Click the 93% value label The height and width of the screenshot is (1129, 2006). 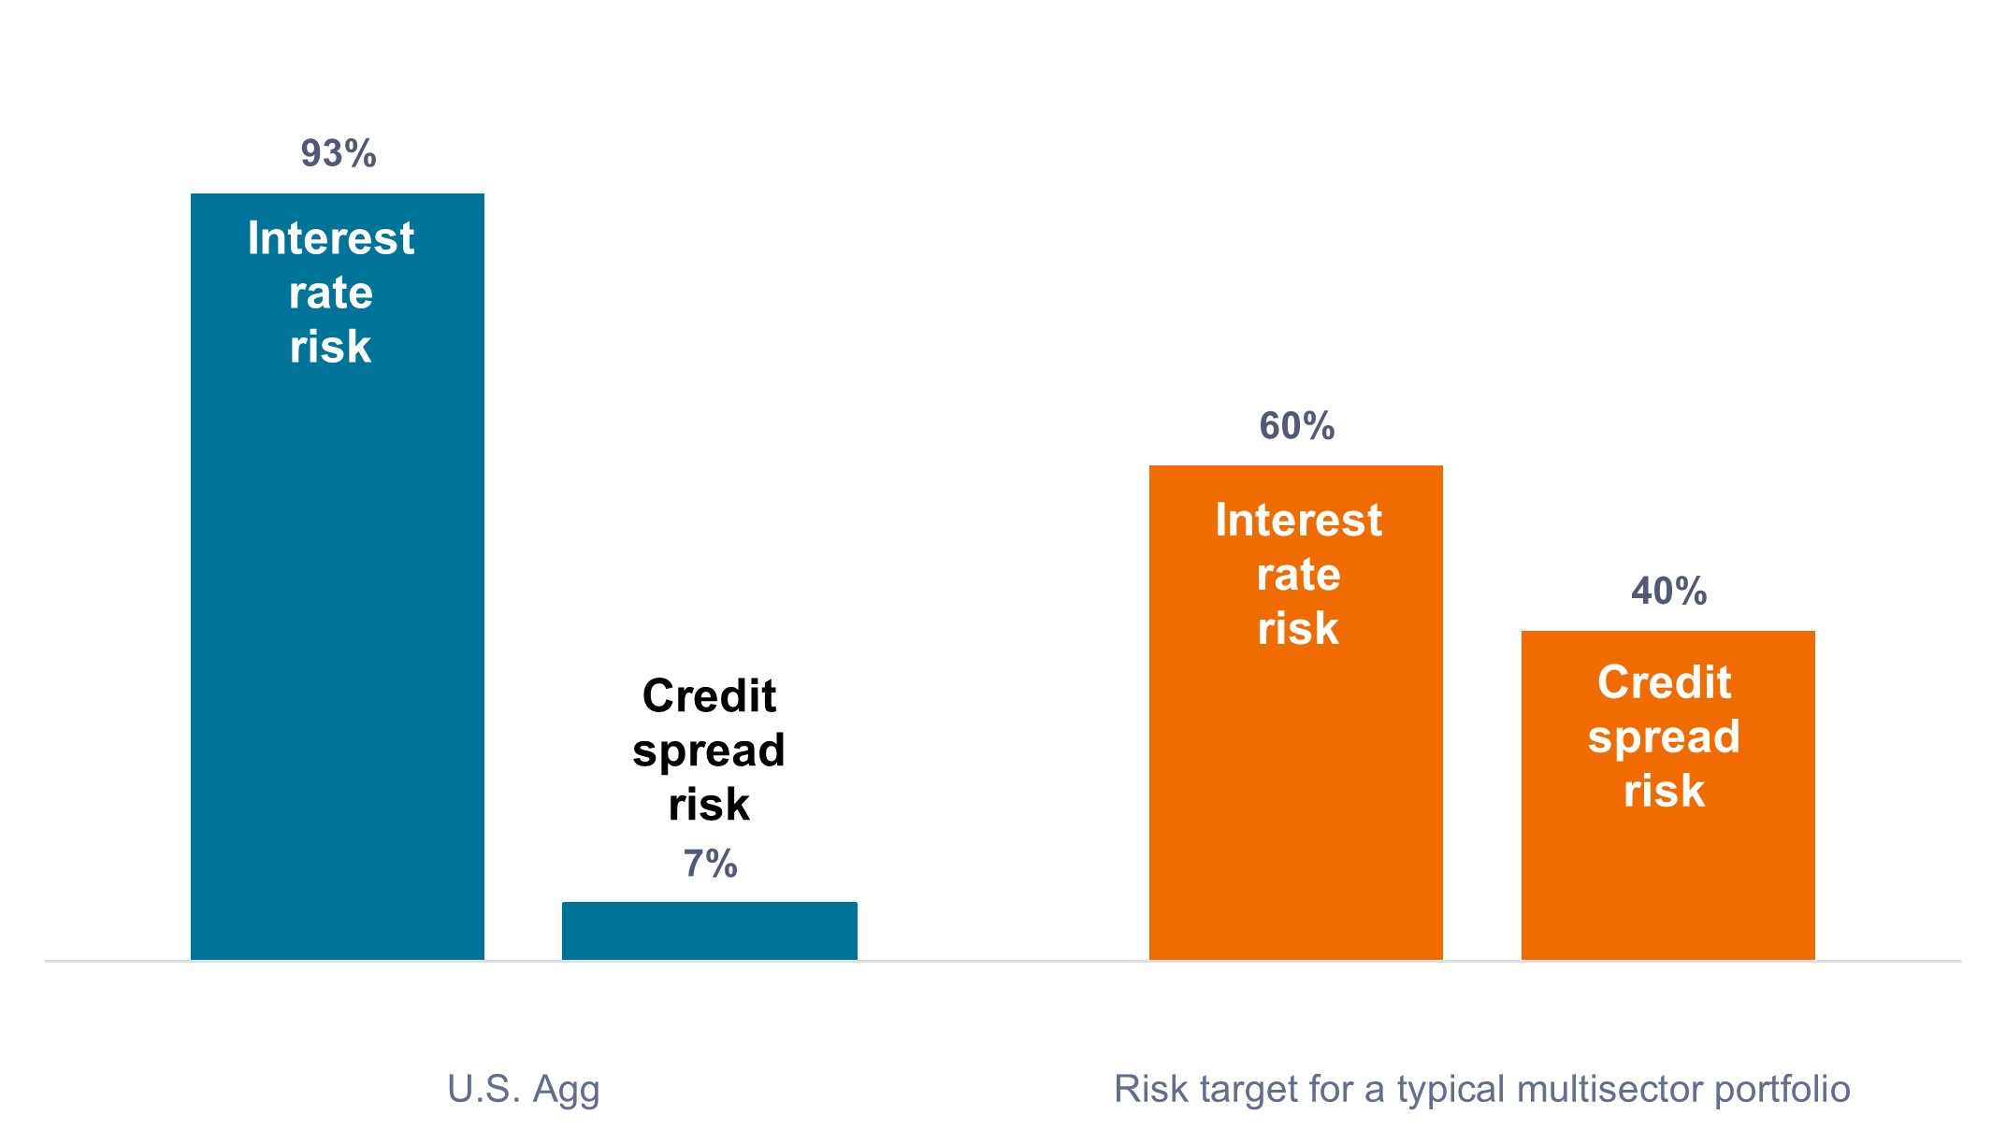(x=339, y=153)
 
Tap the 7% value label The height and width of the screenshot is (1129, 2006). (x=711, y=864)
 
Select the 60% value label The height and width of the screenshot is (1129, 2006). (x=1297, y=426)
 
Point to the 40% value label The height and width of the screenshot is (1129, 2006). (x=1669, y=591)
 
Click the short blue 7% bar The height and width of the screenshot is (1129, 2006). (x=710, y=931)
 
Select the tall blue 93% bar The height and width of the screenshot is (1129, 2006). (x=338, y=577)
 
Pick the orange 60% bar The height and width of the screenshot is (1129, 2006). (x=1296, y=712)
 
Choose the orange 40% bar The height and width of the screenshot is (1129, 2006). (x=1668, y=795)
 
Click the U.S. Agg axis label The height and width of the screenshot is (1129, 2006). (x=524, y=1090)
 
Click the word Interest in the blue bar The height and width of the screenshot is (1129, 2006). (x=331, y=237)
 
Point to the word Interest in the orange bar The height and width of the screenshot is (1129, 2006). (x=1299, y=520)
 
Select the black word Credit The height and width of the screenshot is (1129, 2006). (x=710, y=695)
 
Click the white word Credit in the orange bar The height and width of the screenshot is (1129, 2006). (x=1665, y=682)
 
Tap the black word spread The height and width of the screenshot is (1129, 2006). (x=709, y=751)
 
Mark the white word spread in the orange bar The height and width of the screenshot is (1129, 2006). (x=1665, y=738)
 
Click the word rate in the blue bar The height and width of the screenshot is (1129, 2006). (x=331, y=293)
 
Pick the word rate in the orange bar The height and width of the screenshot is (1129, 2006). (x=1299, y=575)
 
